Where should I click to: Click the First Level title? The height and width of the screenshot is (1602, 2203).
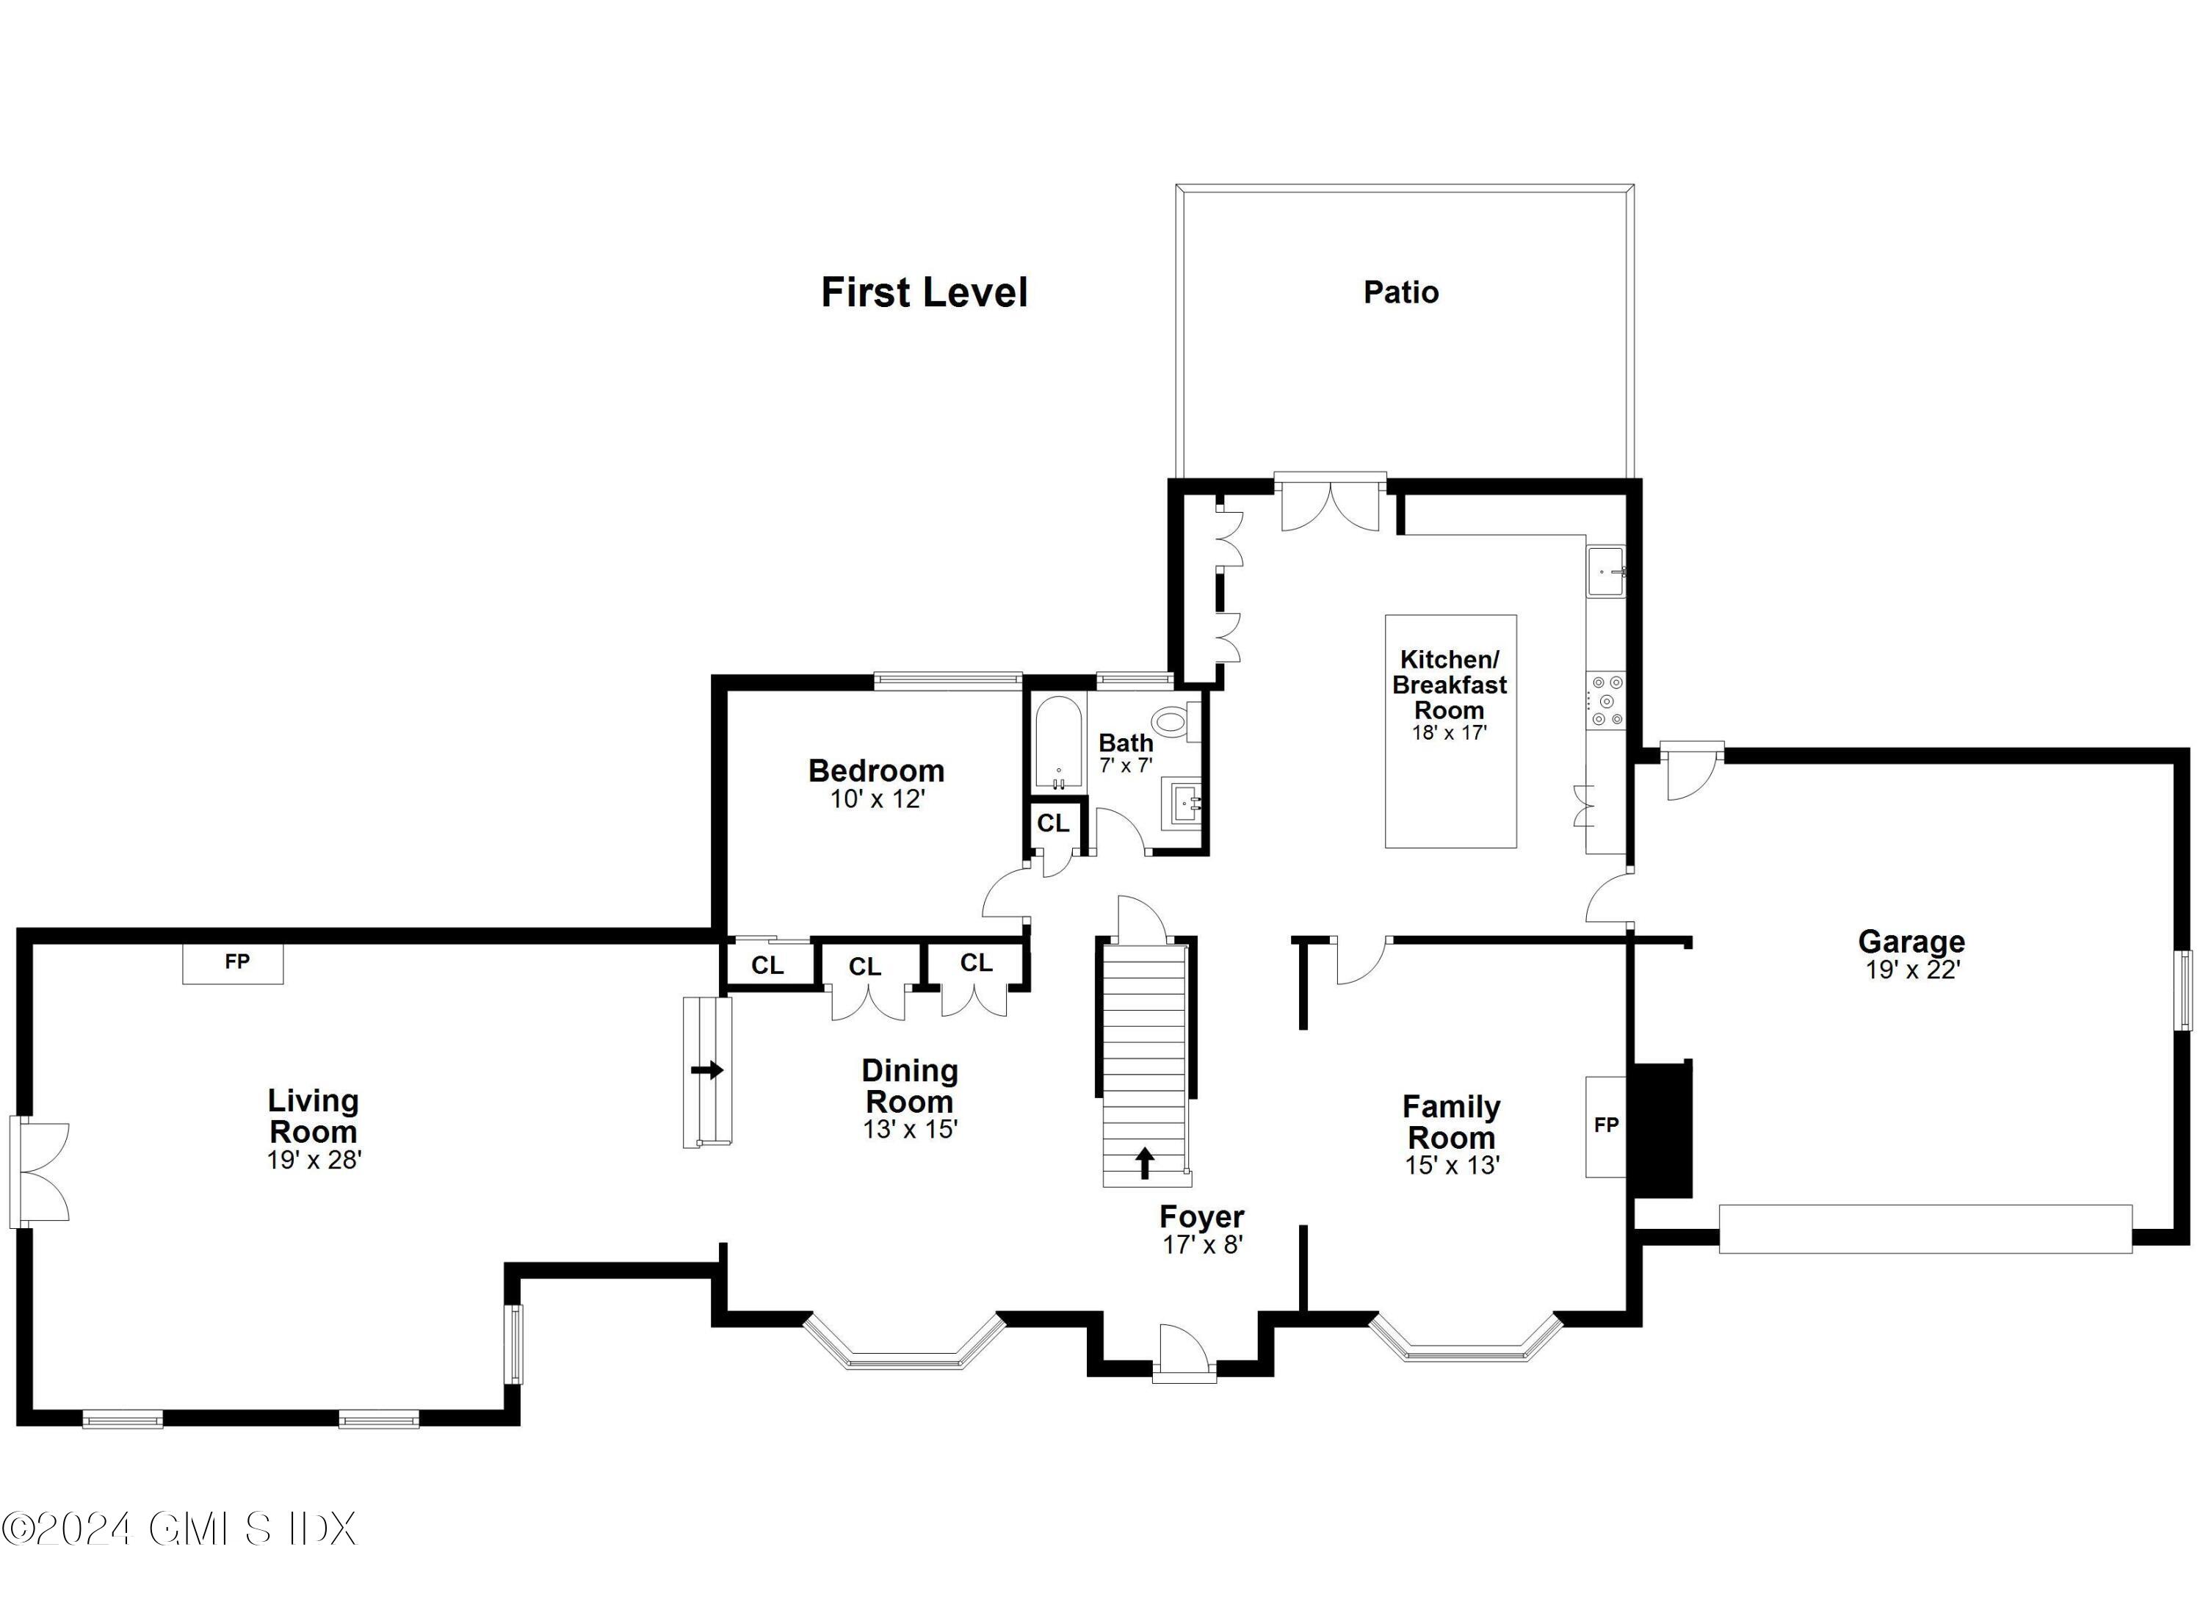924,292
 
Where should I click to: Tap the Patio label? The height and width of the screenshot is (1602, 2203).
1400,292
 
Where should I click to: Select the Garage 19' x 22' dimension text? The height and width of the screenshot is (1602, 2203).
1911,970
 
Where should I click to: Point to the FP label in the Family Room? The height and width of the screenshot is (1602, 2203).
1606,1125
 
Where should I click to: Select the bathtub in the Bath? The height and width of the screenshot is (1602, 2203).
1057,743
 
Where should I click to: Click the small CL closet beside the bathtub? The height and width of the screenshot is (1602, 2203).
1053,824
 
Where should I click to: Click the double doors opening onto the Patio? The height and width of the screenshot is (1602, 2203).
1330,504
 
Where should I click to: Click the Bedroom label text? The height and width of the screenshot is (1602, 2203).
876,771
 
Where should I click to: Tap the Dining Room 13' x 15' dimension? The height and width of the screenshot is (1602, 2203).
910,1130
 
